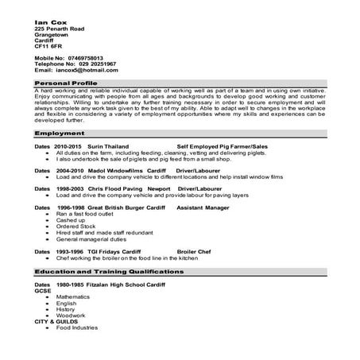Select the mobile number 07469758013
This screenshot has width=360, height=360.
point(86,58)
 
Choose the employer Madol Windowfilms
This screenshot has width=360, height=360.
point(106,170)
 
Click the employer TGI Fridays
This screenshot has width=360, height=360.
point(106,250)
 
